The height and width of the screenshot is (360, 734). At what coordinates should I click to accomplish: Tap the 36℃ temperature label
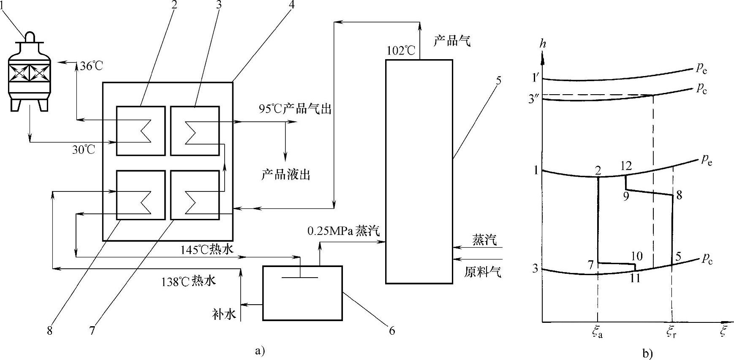pyautogui.click(x=91, y=66)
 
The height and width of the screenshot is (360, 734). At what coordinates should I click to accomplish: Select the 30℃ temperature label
pyautogui.click(x=84, y=150)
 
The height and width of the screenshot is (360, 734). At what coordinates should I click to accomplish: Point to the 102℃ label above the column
pyautogui.click(x=401, y=51)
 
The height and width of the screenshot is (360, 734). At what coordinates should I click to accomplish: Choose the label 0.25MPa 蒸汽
pyautogui.click(x=343, y=231)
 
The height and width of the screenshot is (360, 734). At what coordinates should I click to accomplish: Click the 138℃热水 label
pyautogui.click(x=188, y=281)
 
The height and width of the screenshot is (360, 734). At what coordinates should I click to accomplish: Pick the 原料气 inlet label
pyautogui.click(x=483, y=272)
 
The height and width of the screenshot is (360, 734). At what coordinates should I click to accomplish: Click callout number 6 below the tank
pyautogui.click(x=392, y=330)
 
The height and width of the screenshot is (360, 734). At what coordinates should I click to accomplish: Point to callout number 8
pyautogui.click(x=50, y=331)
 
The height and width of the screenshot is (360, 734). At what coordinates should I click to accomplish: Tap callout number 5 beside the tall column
pyautogui.click(x=498, y=80)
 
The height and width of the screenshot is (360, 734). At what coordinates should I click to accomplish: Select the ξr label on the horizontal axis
pyautogui.click(x=672, y=333)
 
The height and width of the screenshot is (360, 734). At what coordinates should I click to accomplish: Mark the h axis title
pyautogui.click(x=543, y=44)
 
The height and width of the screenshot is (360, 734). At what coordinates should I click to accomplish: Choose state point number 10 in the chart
pyautogui.click(x=636, y=256)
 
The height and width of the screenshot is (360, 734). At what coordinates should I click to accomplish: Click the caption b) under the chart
pyautogui.click(x=647, y=353)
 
